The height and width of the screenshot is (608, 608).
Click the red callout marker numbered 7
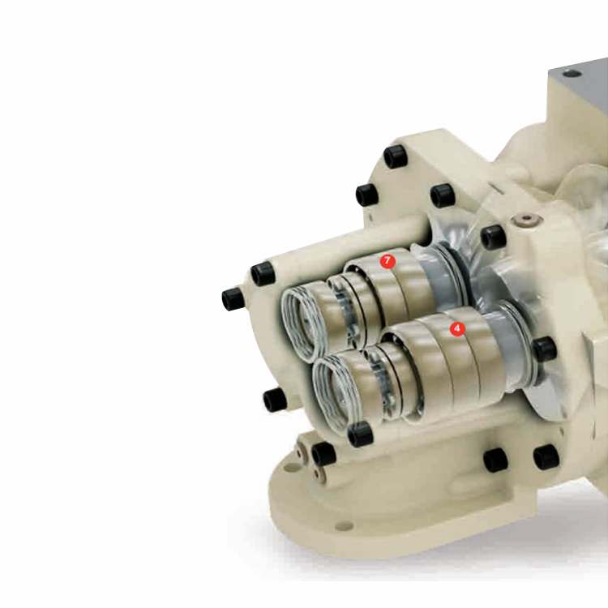[x=387, y=261]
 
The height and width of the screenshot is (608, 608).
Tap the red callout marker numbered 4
[x=457, y=329]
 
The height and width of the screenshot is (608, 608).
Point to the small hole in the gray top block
[x=569, y=72]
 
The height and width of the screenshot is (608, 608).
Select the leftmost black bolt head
[x=233, y=299]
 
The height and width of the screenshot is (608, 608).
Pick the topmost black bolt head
[x=395, y=156]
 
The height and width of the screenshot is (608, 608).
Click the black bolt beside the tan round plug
[x=494, y=237]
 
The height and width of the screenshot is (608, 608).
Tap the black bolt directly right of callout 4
[x=546, y=348]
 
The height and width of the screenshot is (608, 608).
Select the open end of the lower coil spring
[x=332, y=392]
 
